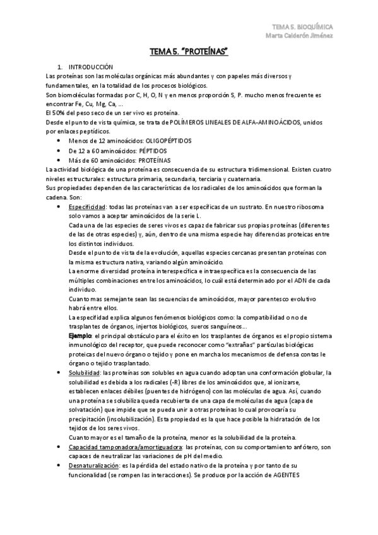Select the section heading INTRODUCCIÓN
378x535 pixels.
coord(90,66)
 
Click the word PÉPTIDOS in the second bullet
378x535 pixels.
coord(147,151)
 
